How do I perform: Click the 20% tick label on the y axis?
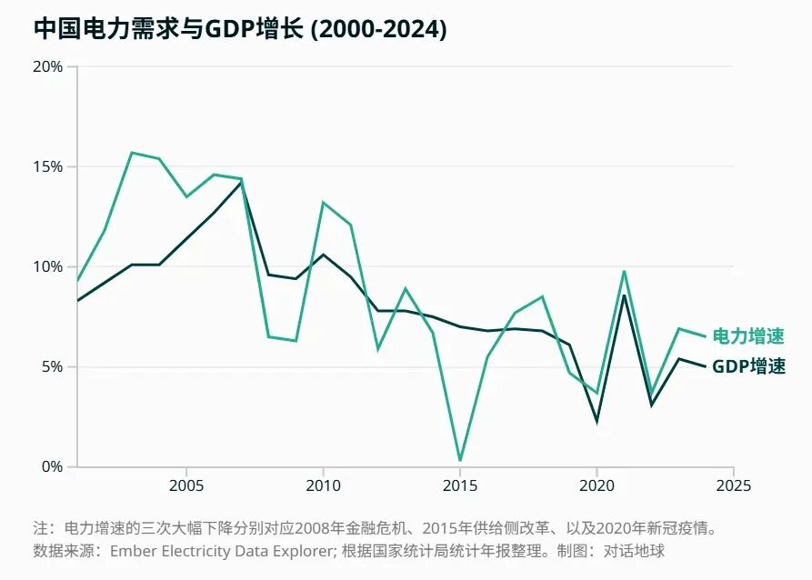[x=47, y=66]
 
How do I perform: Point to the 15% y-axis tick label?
[x=47, y=166]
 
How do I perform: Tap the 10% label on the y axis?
[x=47, y=266]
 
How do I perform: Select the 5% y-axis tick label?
[x=51, y=366]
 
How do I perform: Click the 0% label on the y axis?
[x=52, y=466]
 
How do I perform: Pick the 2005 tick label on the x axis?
[x=186, y=485]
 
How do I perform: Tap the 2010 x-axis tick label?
[x=323, y=485]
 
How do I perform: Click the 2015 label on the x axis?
[x=460, y=485]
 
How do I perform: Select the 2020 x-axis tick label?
[x=596, y=485]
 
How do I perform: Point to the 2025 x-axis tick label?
[x=733, y=485]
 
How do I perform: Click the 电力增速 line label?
[x=749, y=336]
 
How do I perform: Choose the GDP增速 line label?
[x=749, y=366]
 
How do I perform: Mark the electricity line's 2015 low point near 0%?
[x=460, y=460]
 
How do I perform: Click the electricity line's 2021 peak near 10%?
[x=625, y=271]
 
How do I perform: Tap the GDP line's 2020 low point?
[x=597, y=421]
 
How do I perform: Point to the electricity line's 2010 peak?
[x=323, y=203]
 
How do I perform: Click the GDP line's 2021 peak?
[x=625, y=295]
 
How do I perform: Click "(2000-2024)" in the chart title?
[x=378, y=29]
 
